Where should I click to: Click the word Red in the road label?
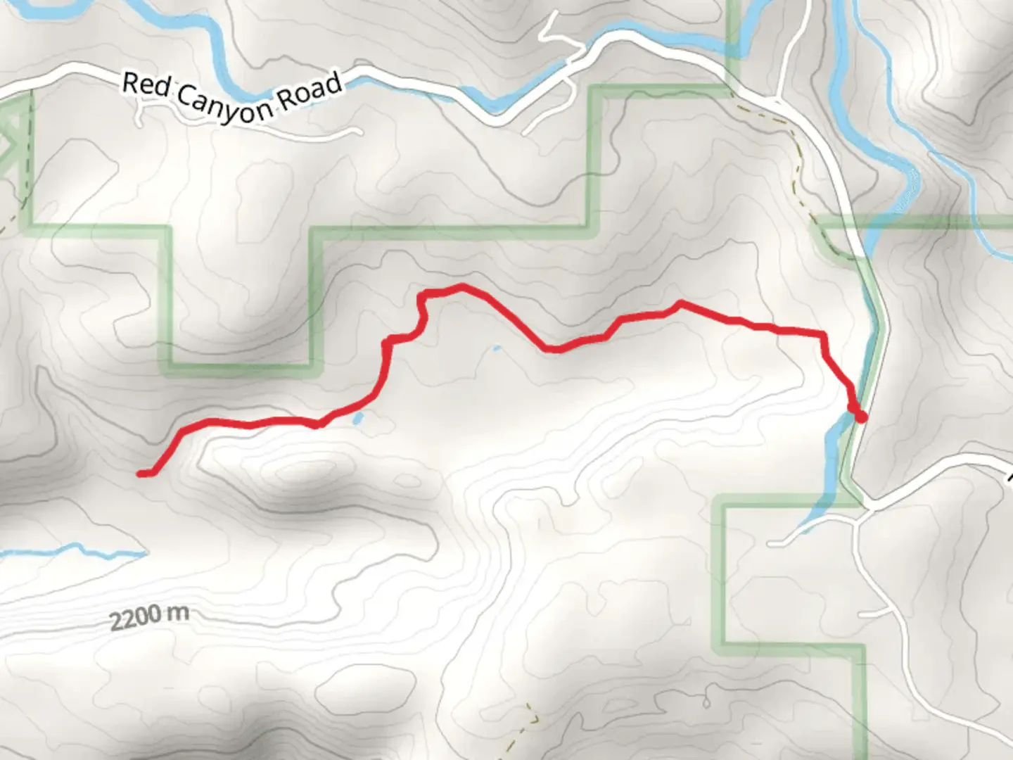[146, 87]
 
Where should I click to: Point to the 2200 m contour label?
[149, 617]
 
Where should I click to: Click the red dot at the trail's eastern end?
[860, 417]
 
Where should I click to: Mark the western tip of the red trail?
[141, 474]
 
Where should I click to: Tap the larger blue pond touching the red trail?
[358, 419]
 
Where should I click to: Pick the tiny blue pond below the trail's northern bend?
[497, 348]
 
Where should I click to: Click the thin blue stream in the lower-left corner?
[77, 548]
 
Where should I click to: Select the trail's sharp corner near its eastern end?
[822, 334]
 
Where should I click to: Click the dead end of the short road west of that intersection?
[772, 544]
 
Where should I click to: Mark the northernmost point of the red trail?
[461, 286]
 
